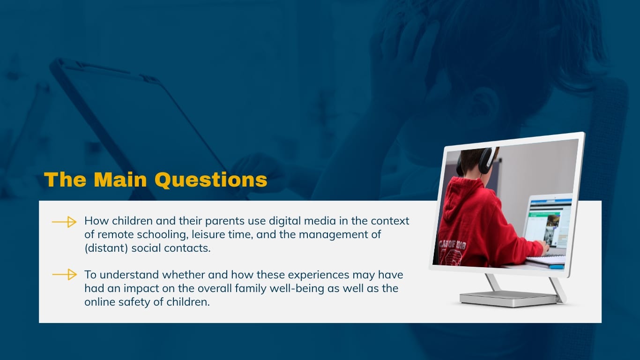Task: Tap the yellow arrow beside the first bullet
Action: coord(64,222)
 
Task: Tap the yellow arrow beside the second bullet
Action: coord(64,275)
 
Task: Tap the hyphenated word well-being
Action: coord(294,288)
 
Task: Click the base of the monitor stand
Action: coord(508,298)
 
